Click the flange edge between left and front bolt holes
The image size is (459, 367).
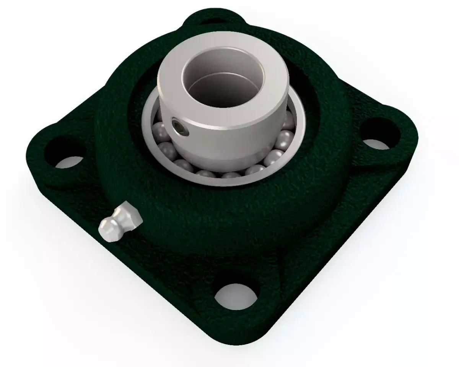click(x=126, y=268)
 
